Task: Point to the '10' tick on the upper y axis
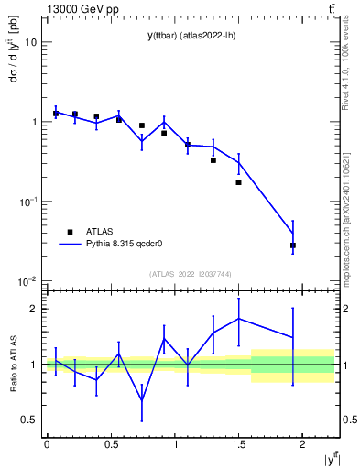31,42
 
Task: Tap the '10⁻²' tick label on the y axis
27,280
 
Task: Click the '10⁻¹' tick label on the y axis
27,201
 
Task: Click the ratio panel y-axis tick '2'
34,309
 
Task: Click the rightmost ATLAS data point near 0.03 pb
293,245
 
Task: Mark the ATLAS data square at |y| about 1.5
238,182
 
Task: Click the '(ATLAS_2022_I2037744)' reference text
191,273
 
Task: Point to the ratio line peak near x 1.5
238,319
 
